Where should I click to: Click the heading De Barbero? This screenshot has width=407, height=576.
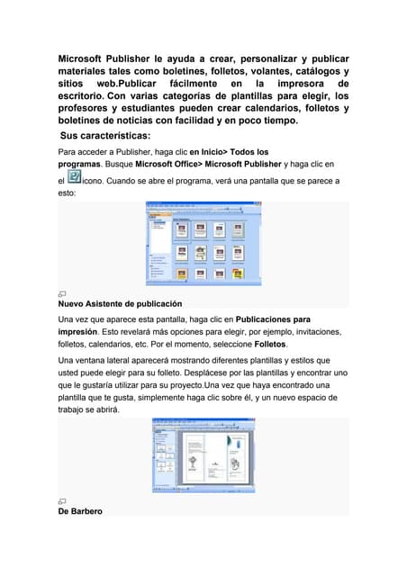tap(80, 511)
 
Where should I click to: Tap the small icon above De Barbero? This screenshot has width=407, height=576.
tap(62, 500)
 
